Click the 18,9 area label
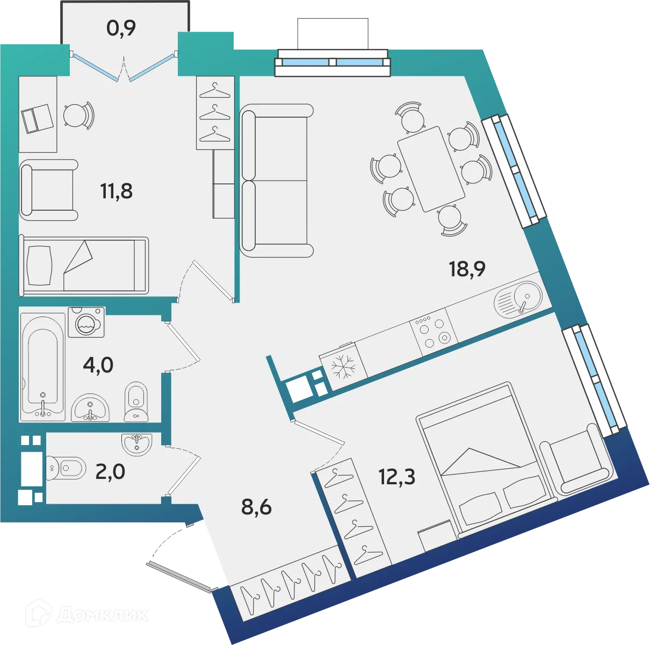click(467, 268)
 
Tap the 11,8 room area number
click(117, 190)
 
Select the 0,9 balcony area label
click(121, 28)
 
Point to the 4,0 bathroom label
click(98, 365)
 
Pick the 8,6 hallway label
click(256, 506)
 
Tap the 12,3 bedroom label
click(397, 476)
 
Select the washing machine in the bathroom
click(86, 322)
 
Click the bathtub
click(43, 365)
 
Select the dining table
click(431, 169)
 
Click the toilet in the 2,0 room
click(65, 468)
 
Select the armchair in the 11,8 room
click(48, 190)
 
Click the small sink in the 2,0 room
click(137, 443)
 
